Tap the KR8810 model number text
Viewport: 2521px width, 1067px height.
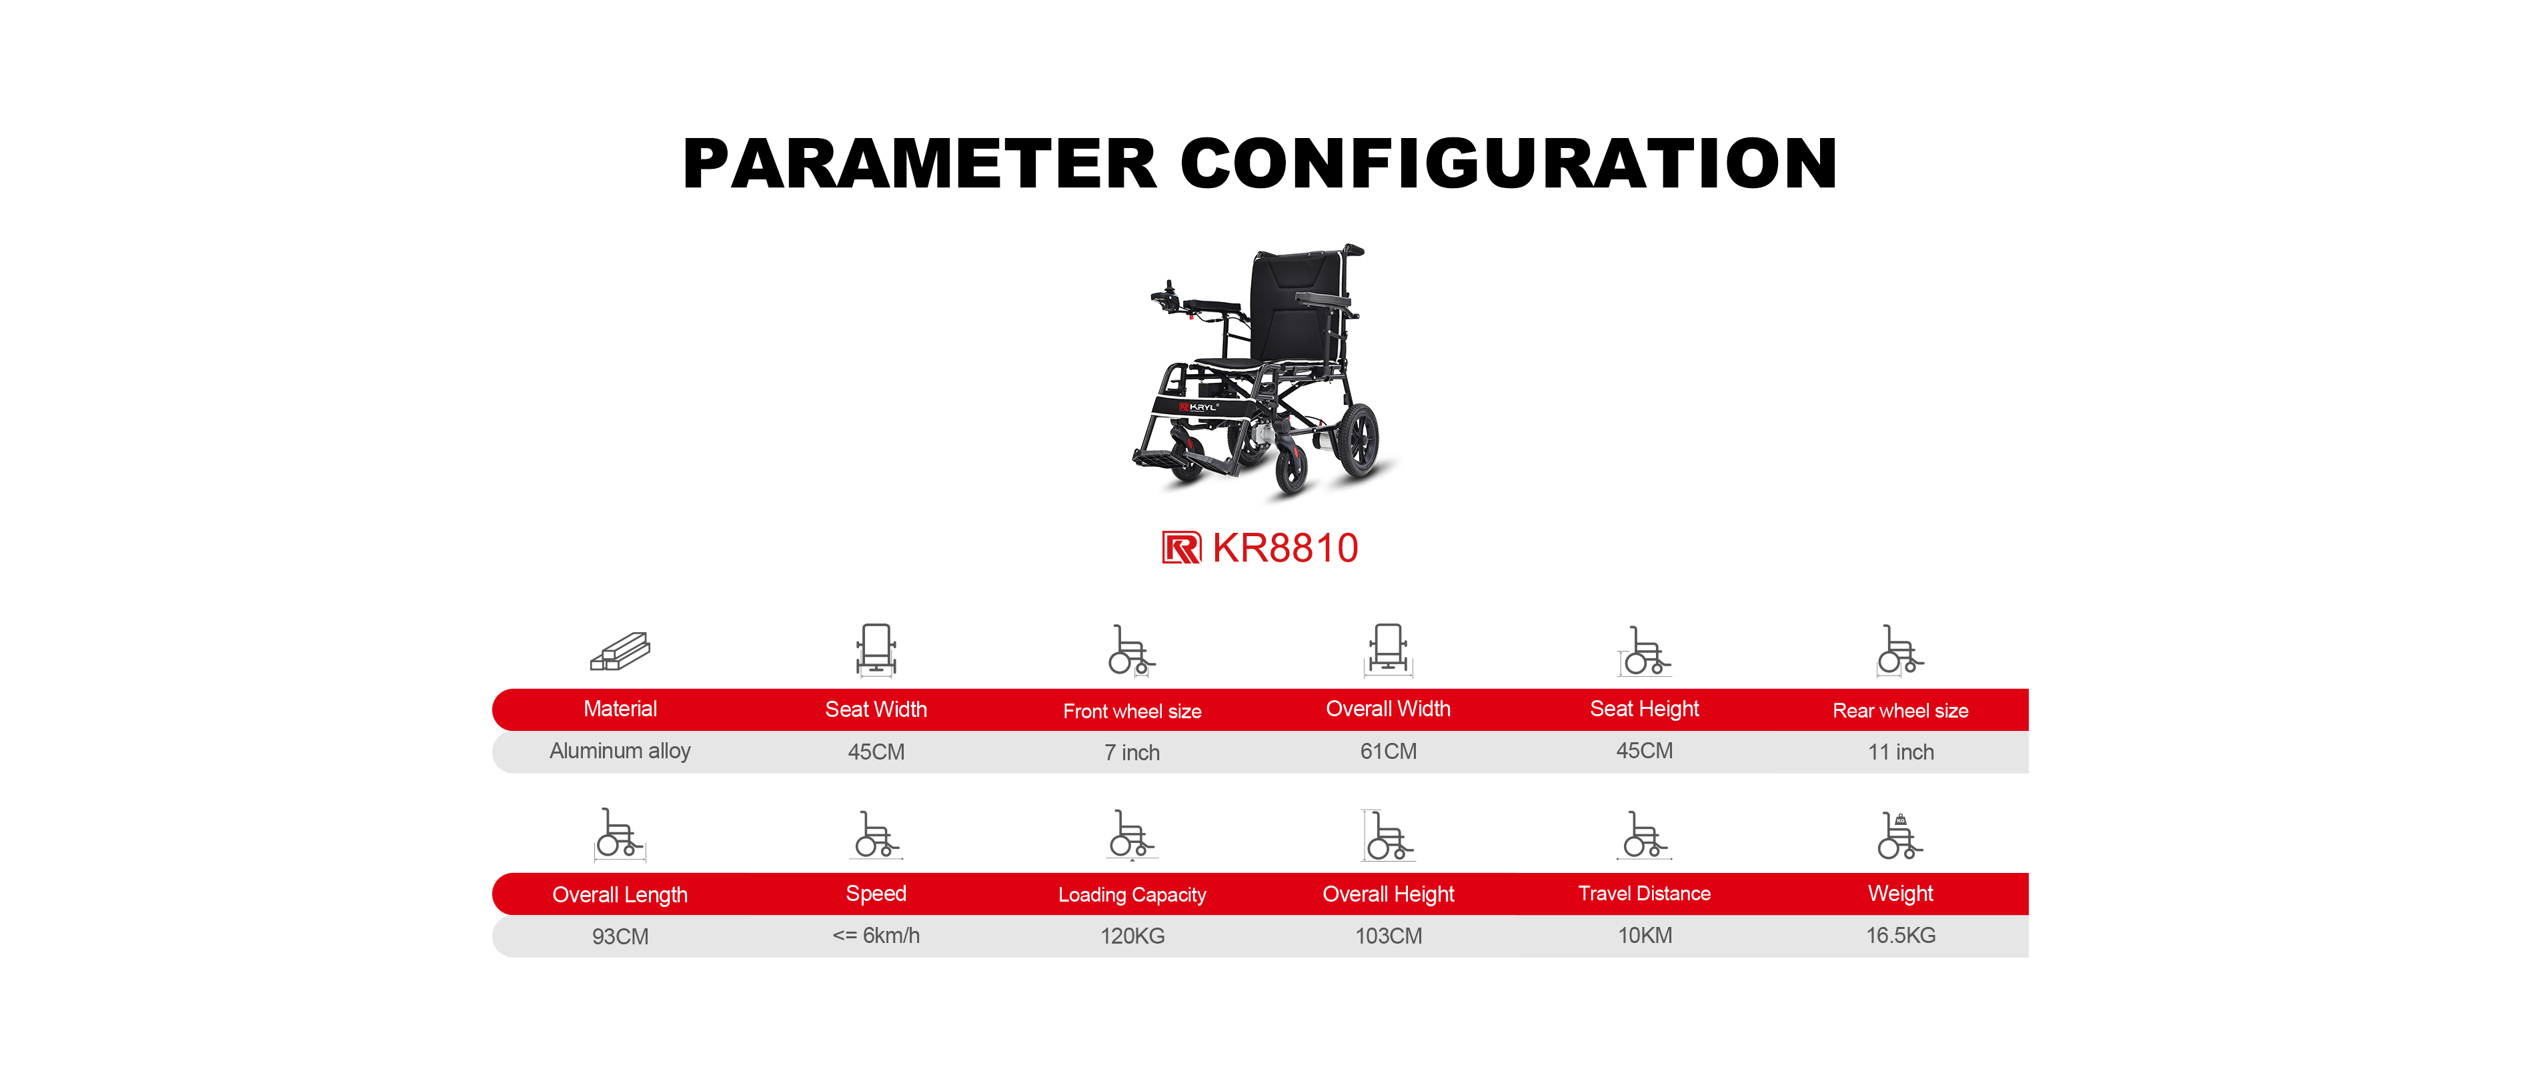tap(1285, 548)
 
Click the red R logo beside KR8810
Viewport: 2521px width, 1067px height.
tap(1181, 548)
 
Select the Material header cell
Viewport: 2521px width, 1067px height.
tap(620, 709)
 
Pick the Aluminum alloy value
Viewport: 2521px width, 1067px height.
tap(620, 751)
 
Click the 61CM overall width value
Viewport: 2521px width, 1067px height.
tap(1388, 751)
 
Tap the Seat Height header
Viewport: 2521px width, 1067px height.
tap(1644, 709)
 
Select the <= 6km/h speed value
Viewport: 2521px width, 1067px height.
tap(876, 935)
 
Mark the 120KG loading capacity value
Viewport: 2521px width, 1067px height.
tap(1132, 936)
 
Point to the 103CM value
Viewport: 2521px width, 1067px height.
tap(1388, 936)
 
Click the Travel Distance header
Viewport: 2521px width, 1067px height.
tap(1644, 893)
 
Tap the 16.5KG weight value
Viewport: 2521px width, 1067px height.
tap(1901, 935)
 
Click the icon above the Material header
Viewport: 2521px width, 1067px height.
tap(620, 651)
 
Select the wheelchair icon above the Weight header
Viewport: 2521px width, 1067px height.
tap(1901, 835)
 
